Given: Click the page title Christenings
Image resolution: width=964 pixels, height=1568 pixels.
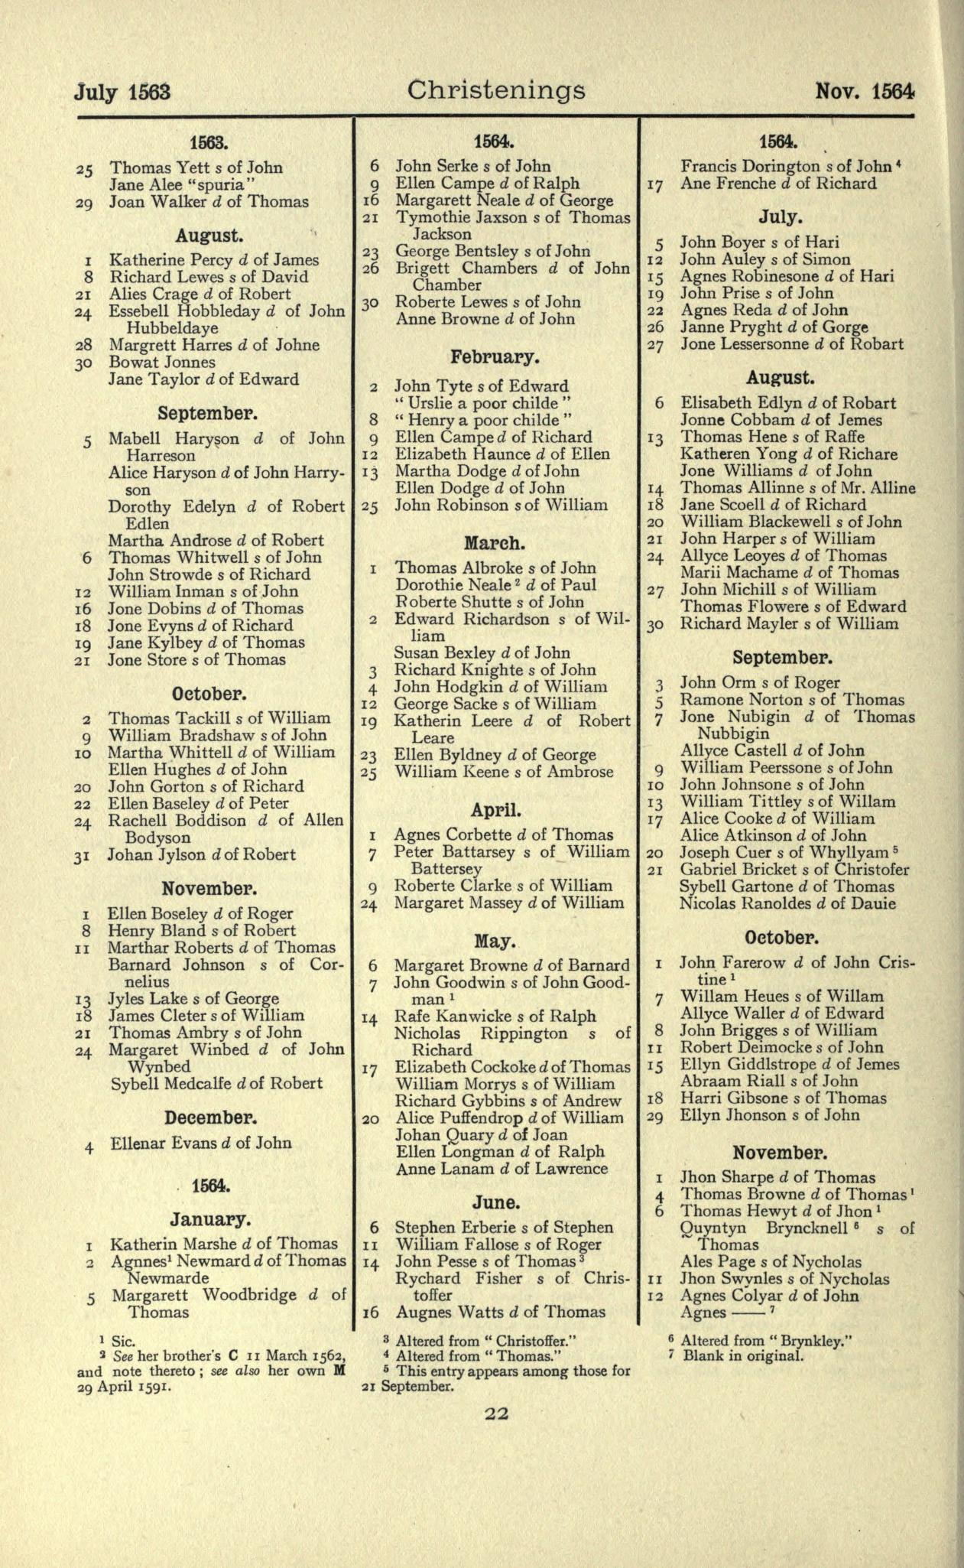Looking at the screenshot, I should [x=496, y=91].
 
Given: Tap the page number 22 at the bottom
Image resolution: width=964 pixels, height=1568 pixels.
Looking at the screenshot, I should [x=496, y=1414].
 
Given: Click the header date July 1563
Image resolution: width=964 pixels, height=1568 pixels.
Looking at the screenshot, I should [x=122, y=93].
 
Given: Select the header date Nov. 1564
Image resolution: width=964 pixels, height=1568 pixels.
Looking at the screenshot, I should [x=865, y=92].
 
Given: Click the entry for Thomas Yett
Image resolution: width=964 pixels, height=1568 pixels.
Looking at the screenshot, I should [x=196, y=168].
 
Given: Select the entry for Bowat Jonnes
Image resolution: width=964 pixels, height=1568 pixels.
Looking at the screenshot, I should [x=162, y=362].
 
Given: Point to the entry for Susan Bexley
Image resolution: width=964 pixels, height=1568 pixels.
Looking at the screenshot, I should [x=482, y=652].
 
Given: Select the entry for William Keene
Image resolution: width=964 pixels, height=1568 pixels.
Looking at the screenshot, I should [x=504, y=772].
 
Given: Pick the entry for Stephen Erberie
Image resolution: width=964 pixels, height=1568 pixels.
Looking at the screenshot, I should [x=504, y=1228].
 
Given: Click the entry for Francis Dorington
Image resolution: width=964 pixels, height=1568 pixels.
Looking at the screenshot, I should [x=787, y=166].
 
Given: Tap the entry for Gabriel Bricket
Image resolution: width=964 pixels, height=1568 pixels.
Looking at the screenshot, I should [x=795, y=870].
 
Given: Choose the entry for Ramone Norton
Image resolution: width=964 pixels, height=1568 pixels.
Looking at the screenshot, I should [x=792, y=700].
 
